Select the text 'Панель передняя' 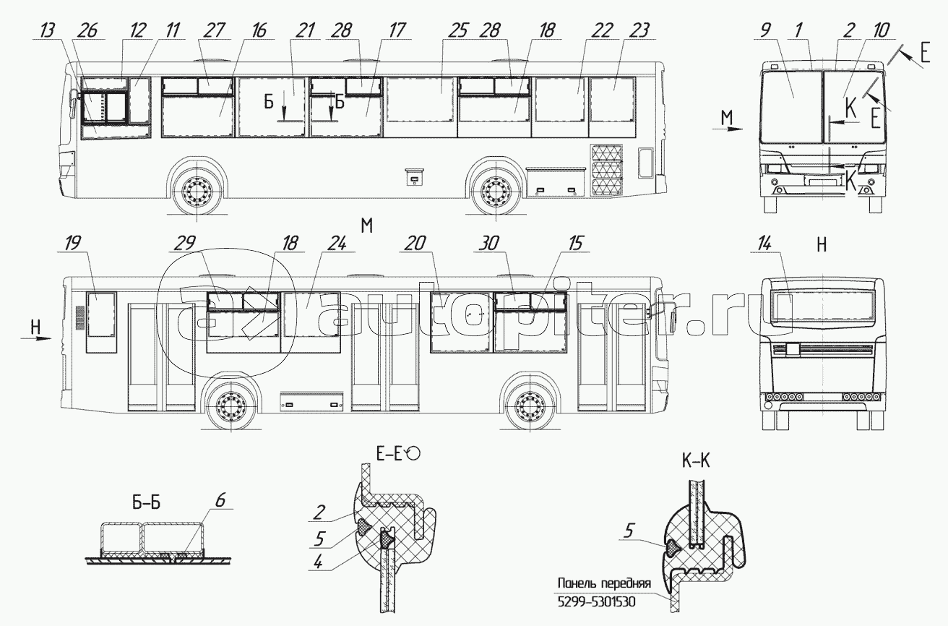[x=604, y=583]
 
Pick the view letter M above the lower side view [x=366, y=226]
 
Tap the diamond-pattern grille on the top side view [x=606, y=170]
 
